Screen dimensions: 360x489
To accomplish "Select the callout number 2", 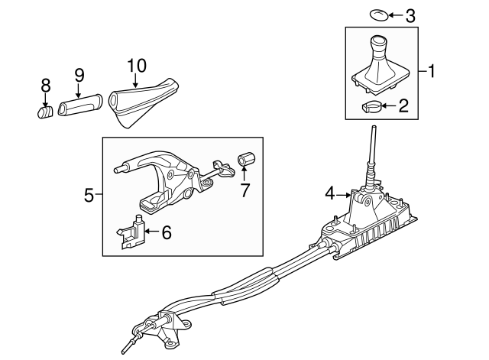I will (x=403, y=105).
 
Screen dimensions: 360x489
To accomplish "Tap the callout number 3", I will (x=410, y=15).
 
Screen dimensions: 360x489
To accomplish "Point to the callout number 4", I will (x=330, y=194).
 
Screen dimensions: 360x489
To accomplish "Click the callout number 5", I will (x=89, y=196).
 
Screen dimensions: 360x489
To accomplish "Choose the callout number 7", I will (x=244, y=190).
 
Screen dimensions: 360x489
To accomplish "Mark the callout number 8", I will (x=45, y=86).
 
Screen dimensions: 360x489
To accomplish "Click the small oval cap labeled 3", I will (x=380, y=14).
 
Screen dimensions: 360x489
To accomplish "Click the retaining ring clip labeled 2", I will (x=372, y=106).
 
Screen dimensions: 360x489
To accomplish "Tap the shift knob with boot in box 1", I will (x=377, y=65).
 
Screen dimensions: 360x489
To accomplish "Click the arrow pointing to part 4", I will (x=343, y=194).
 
